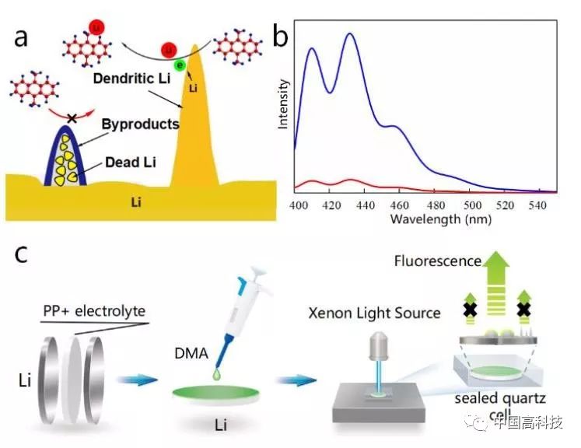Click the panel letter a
(x=21, y=38)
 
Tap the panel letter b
(x=281, y=37)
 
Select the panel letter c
(x=21, y=254)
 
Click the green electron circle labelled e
(x=180, y=65)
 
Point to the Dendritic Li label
(x=132, y=79)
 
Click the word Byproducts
(x=141, y=124)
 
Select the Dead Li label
(x=131, y=163)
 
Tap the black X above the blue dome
(x=72, y=118)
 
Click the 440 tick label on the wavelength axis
(x=365, y=205)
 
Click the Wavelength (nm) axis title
(x=441, y=219)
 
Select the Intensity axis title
(x=282, y=104)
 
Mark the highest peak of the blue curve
(x=350, y=33)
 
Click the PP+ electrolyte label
(x=94, y=311)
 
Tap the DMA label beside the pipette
(x=191, y=354)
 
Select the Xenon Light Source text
(x=375, y=313)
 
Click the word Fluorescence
(x=438, y=261)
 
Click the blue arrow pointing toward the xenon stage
(x=296, y=380)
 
